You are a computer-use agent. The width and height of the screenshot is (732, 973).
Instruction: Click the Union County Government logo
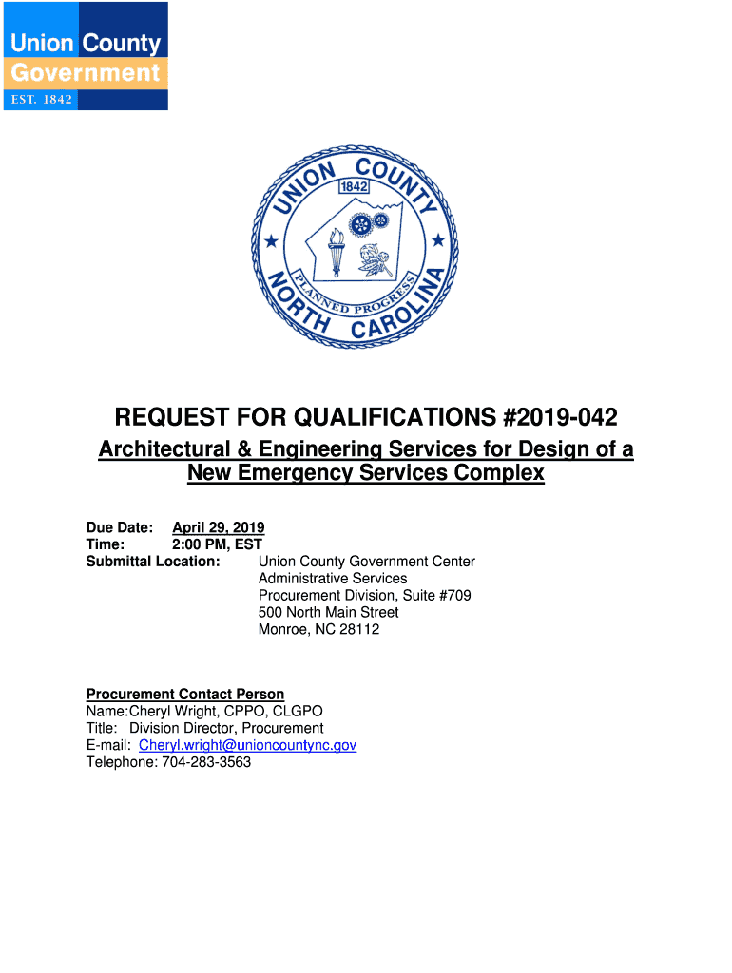(86, 56)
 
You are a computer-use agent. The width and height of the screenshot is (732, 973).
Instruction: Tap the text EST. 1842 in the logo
(42, 99)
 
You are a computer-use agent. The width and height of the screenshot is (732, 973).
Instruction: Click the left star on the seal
(271, 241)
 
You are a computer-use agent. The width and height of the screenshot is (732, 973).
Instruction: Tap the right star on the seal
(438, 240)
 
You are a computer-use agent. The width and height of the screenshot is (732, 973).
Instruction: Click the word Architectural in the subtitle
(164, 448)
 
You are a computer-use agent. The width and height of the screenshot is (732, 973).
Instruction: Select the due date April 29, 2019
(218, 527)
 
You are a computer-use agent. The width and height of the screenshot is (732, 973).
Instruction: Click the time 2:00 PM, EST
(217, 544)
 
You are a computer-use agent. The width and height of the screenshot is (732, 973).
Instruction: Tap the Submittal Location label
(153, 562)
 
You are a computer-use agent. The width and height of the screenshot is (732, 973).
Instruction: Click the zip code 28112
(359, 629)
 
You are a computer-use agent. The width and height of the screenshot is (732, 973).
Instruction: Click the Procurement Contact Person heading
(185, 695)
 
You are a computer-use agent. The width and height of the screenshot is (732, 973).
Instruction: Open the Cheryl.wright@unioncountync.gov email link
(247, 745)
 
